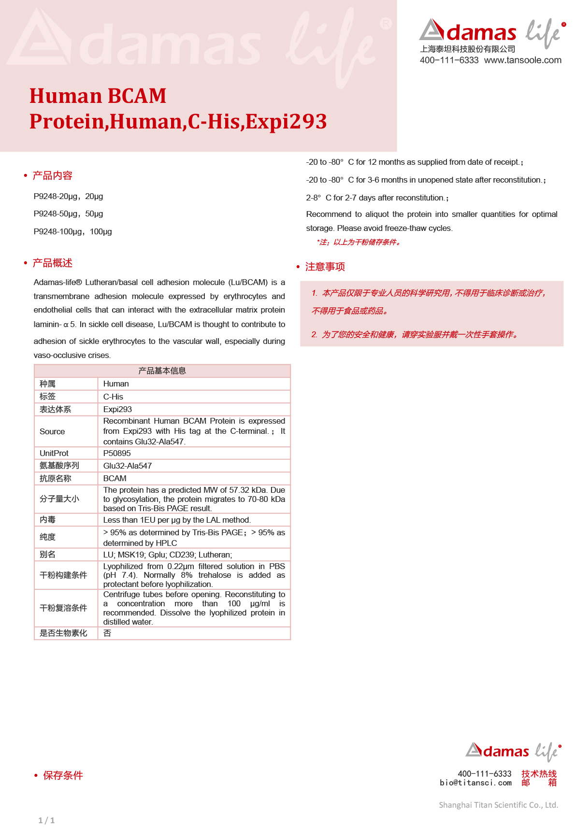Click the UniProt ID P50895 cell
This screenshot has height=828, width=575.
point(117,453)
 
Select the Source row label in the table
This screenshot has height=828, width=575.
point(52,431)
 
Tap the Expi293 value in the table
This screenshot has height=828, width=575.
point(117,409)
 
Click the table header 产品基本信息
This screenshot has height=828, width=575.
point(162,371)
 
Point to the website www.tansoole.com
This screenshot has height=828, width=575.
point(522,60)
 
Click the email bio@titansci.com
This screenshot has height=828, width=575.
point(475,783)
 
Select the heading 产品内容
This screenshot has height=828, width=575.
point(52,175)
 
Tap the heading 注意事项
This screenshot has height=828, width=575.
point(325,267)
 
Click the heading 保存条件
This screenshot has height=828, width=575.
point(63,775)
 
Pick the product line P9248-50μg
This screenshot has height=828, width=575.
point(68,214)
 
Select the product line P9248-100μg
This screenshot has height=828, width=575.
point(72,231)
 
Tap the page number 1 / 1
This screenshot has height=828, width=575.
point(46,820)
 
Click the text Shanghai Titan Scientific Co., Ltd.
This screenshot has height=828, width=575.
point(498,805)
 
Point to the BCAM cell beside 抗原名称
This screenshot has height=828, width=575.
point(115,478)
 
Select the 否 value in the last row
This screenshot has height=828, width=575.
point(107,633)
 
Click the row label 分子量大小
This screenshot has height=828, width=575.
point(59,499)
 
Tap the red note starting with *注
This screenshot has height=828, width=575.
point(359,242)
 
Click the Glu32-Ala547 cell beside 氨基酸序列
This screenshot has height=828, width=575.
point(128,466)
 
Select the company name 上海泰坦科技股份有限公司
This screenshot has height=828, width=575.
point(467,49)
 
